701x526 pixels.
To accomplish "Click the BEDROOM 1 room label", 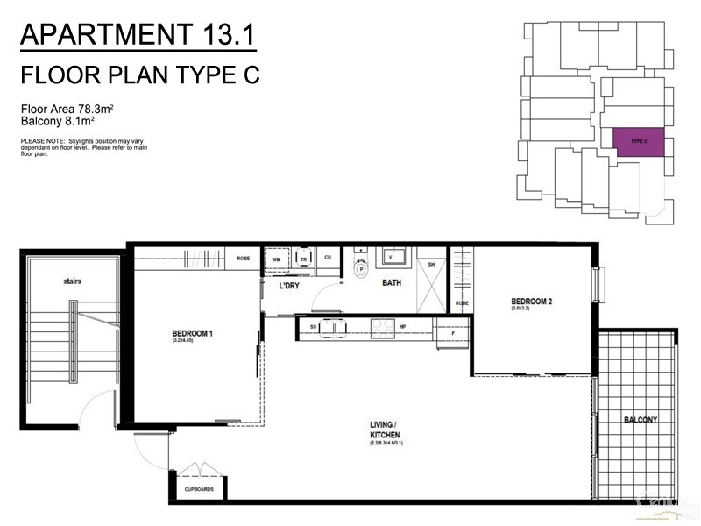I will [193, 334].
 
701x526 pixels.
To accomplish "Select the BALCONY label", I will [641, 420].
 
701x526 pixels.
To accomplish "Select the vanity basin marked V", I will [391, 257].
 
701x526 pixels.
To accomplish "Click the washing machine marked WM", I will [276, 259].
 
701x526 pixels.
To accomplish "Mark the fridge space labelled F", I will [452, 334].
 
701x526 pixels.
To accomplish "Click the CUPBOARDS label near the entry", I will [199, 489].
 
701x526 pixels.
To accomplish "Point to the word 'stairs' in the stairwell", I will [72, 282].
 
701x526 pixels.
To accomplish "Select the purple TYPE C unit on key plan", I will [639, 143].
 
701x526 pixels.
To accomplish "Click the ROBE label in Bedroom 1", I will [243, 258].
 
